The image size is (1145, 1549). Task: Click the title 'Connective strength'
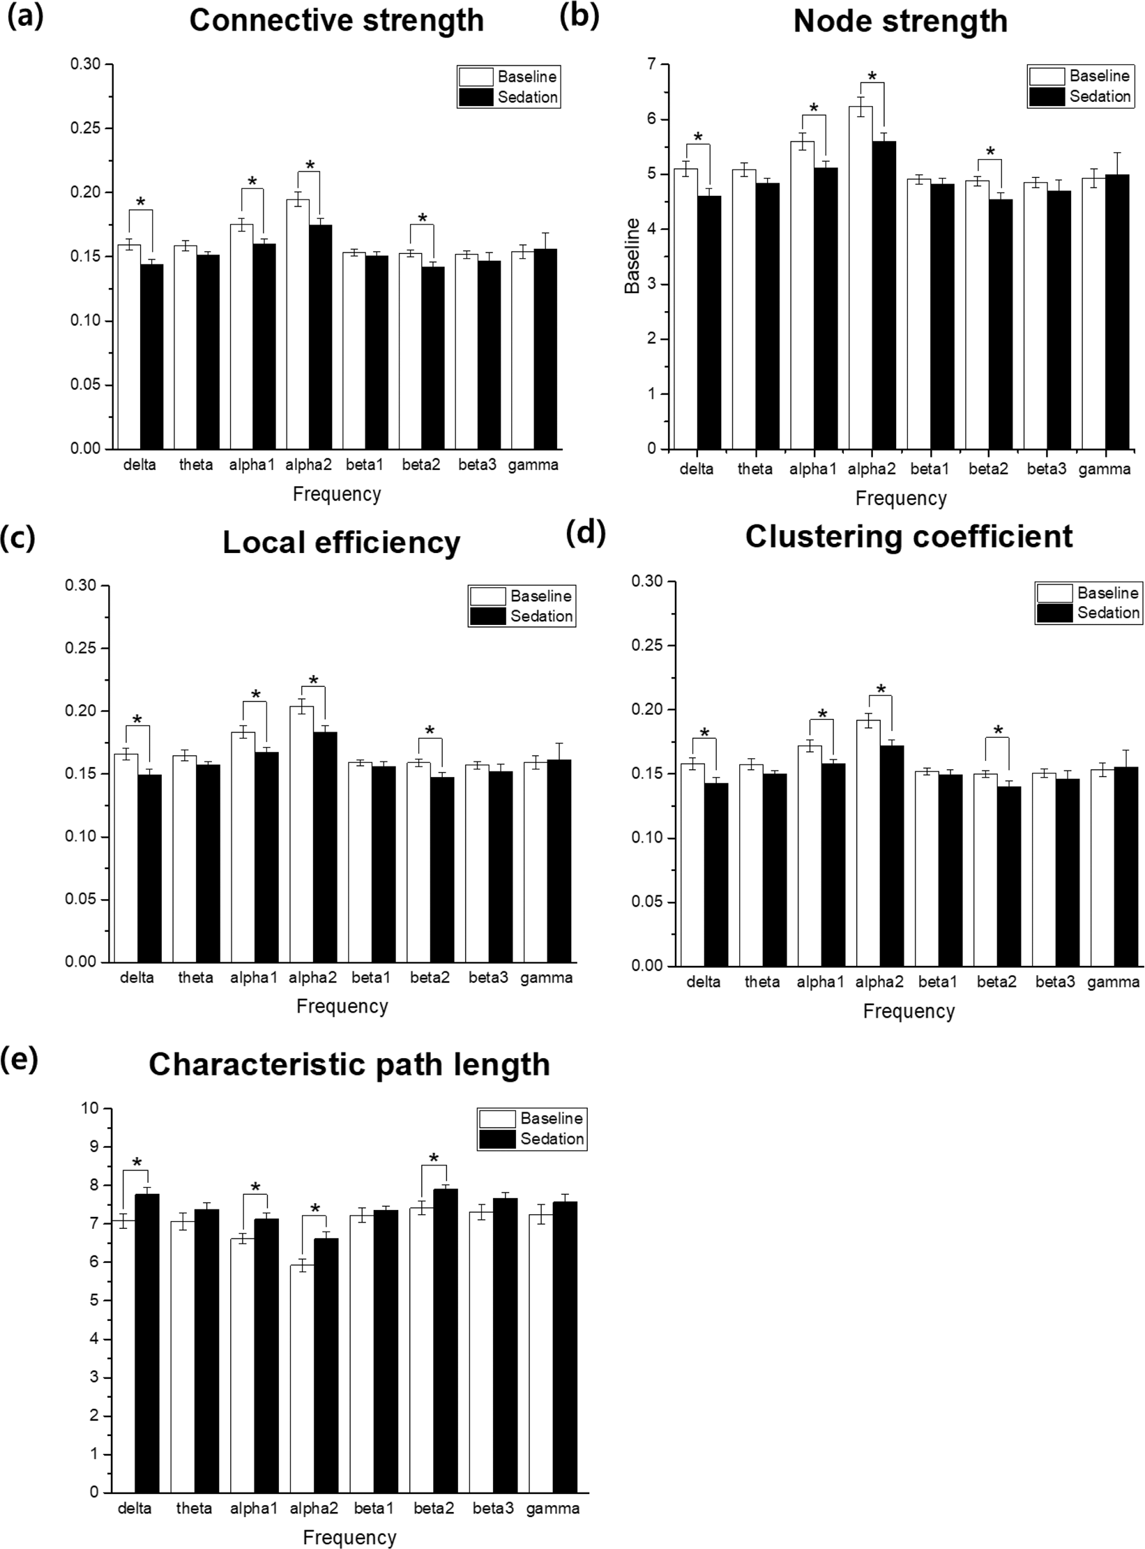point(336,21)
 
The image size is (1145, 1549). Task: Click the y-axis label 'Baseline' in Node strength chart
point(632,256)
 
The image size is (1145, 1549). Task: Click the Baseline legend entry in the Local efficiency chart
point(522,596)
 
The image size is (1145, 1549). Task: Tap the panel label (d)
point(586,533)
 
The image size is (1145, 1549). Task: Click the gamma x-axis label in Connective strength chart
point(533,465)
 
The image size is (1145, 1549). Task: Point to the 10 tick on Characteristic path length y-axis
point(91,1108)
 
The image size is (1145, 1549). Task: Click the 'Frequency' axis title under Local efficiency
point(342,1006)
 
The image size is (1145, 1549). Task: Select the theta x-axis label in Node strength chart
point(755,469)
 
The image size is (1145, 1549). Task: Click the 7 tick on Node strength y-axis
point(651,64)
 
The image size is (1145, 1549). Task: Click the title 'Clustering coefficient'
point(908,537)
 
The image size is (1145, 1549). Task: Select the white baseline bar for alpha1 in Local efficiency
point(243,847)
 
